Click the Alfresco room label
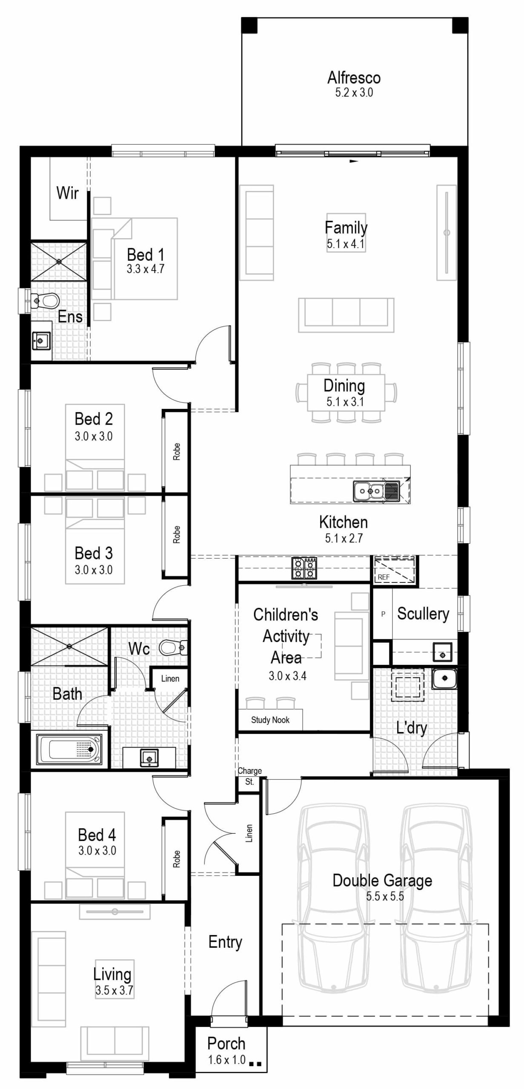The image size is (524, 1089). click(354, 78)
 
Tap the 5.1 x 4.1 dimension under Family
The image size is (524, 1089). click(345, 244)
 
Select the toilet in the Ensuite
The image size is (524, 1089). click(46, 300)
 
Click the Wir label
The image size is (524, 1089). click(67, 193)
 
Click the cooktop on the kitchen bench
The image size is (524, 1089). click(304, 568)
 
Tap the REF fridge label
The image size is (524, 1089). click(383, 577)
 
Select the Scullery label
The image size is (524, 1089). click(423, 613)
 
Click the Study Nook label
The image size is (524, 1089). click(270, 720)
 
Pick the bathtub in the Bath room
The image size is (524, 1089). click(69, 750)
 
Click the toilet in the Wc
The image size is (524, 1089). click(172, 647)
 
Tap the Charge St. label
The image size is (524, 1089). click(249, 776)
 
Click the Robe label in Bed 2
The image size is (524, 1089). click(176, 451)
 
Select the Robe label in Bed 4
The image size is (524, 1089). click(176, 859)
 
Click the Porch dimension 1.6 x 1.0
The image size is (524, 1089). click(226, 1060)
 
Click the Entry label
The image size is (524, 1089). click(225, 942)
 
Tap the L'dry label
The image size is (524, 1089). click(411, 728)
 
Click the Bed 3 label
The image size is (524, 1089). click(94, 553)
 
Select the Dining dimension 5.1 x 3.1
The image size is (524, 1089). click(345, 402)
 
